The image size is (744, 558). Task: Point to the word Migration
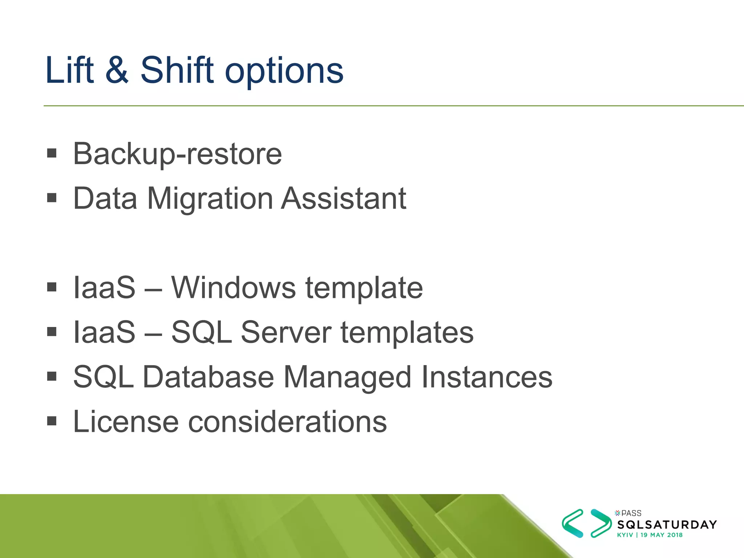[x=210, y=199]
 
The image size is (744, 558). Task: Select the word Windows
[x=233, y=288]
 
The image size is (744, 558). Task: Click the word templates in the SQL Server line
[x=407, y=333]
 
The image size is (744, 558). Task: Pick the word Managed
[x=347, y=378]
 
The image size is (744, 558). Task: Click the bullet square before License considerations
[x=52, y=421]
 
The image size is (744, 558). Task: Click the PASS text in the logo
[x=631, y=513]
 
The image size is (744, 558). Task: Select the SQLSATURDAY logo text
[x=667, y=525]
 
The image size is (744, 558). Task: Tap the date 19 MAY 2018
[x=661, y=535]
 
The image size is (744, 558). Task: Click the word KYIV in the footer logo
[x=625, y=535]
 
